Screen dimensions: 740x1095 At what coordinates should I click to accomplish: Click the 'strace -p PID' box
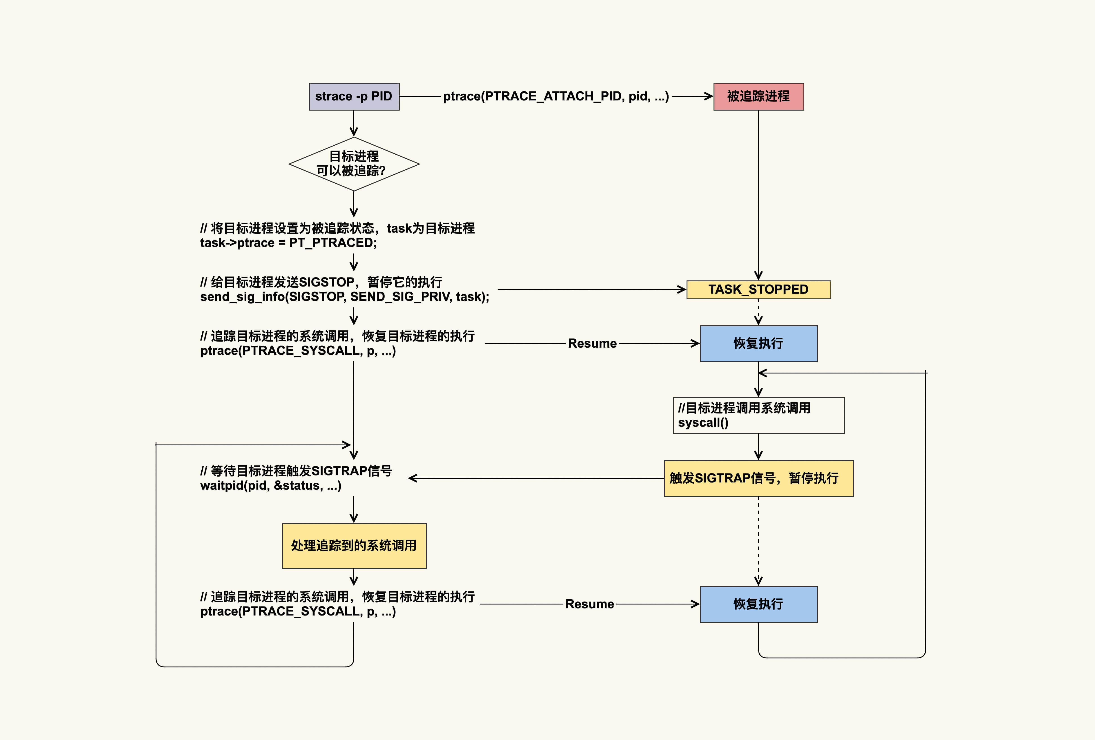pyautogui.click(x=354, y=97)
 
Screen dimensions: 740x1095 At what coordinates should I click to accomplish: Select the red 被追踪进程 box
pyautogui.click(x=758, y=97)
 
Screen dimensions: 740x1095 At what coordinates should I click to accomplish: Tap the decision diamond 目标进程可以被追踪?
pyautogui.click(x=354, y=164)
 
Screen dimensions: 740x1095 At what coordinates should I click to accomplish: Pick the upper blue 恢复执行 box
pyautogui.click(x=758, y=343)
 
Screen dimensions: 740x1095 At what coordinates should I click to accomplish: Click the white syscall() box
pyautogui.click(x=758, y=416)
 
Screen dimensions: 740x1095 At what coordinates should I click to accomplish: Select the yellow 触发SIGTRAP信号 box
pyautogui.click(x=758, y=478)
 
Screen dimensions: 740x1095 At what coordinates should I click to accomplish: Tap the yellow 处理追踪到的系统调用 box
pyautogui.click(x=354, y=545)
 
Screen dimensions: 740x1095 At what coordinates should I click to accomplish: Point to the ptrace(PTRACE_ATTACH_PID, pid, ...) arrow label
pyautogui.click(x=555, y=97)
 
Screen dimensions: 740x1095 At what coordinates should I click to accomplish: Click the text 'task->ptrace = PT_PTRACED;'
pyautogui.click(x=288, y=243)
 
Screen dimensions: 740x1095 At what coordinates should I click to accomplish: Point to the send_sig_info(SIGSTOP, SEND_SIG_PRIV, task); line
pyautogui.click(x=344, y=297)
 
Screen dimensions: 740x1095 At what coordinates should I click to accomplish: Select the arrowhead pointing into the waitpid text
pyautogui.click(x=413, y=478)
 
